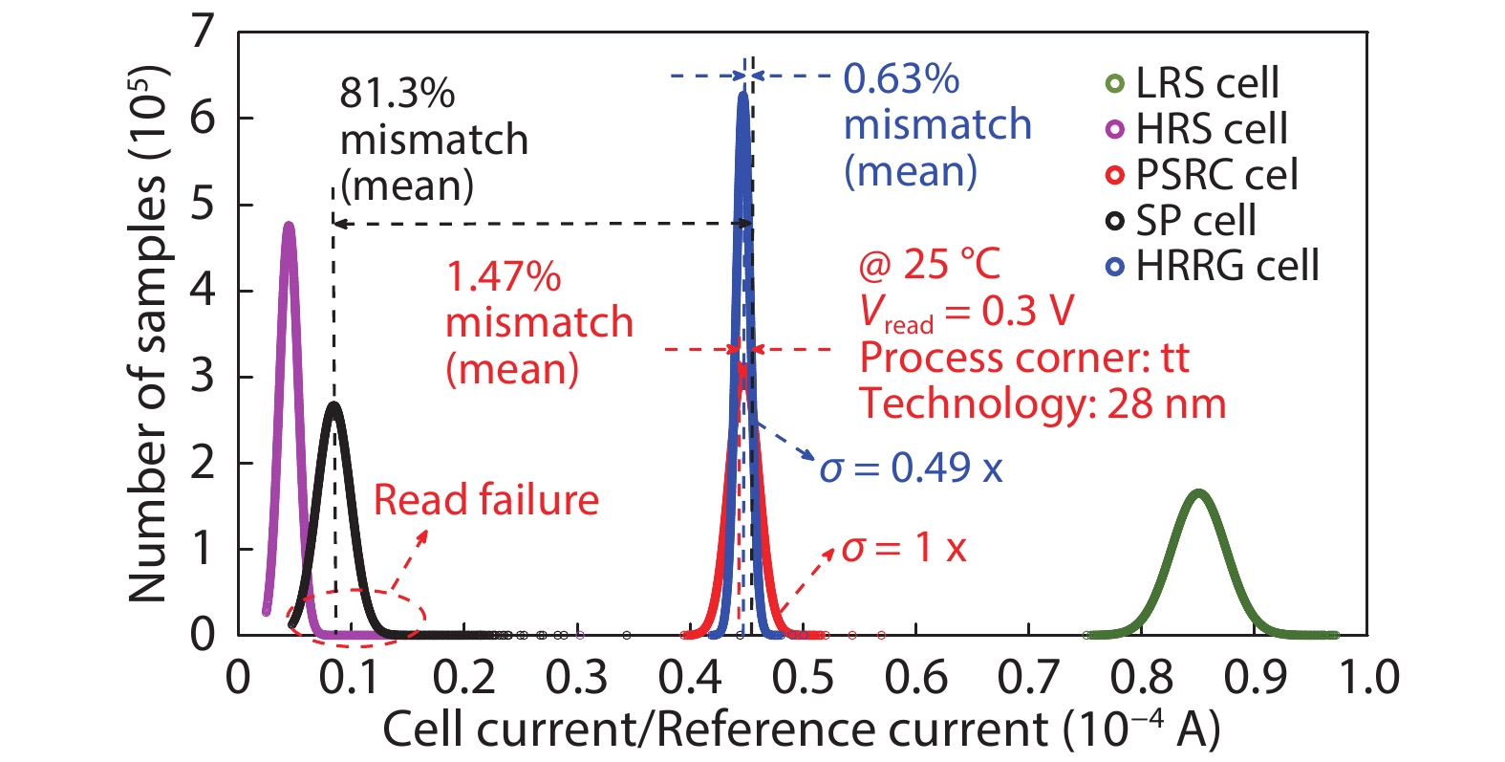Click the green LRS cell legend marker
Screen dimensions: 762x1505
pyautogui.click(x=1114, y=84)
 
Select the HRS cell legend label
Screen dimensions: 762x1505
pyautogui.click(x=1211, y=129)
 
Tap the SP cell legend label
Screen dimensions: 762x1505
pyautogui.click(x=1195, y=221)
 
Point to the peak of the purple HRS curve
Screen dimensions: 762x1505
pyautogui.click(x=289, y=226)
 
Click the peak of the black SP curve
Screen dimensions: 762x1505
pyautogui.click(x=333, y=404)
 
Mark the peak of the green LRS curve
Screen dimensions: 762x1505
pyautogui.click(x=1198, y=493)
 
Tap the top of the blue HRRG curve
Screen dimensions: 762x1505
pyautogui.click(x=742, y=94)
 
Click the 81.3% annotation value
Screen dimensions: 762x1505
pyautogui.click(x=397, y=94)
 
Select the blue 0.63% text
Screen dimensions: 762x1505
pyautogui.click(x=901, y=79)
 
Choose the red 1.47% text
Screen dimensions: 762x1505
pyautogui.click(x=504, y=277)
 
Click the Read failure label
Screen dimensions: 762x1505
pyautogui.click(x=485, y=500)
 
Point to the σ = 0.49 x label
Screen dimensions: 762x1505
pyautogui.click(x=912, y=468)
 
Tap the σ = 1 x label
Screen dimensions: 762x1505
pyautogui.click(x=904, y=548)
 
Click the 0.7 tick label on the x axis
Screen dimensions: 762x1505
pyautogui.click(x=1028, y=678)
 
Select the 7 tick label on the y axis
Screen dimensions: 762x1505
pyautogui.click(x=203, y=33)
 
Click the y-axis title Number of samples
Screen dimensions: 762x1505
pyautogui.click(x=148, y=335)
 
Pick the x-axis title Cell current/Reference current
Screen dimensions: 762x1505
pyautogui.click(x=801, y=730)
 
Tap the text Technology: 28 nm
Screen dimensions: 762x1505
pyautogui.click(x=1042, y=403)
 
